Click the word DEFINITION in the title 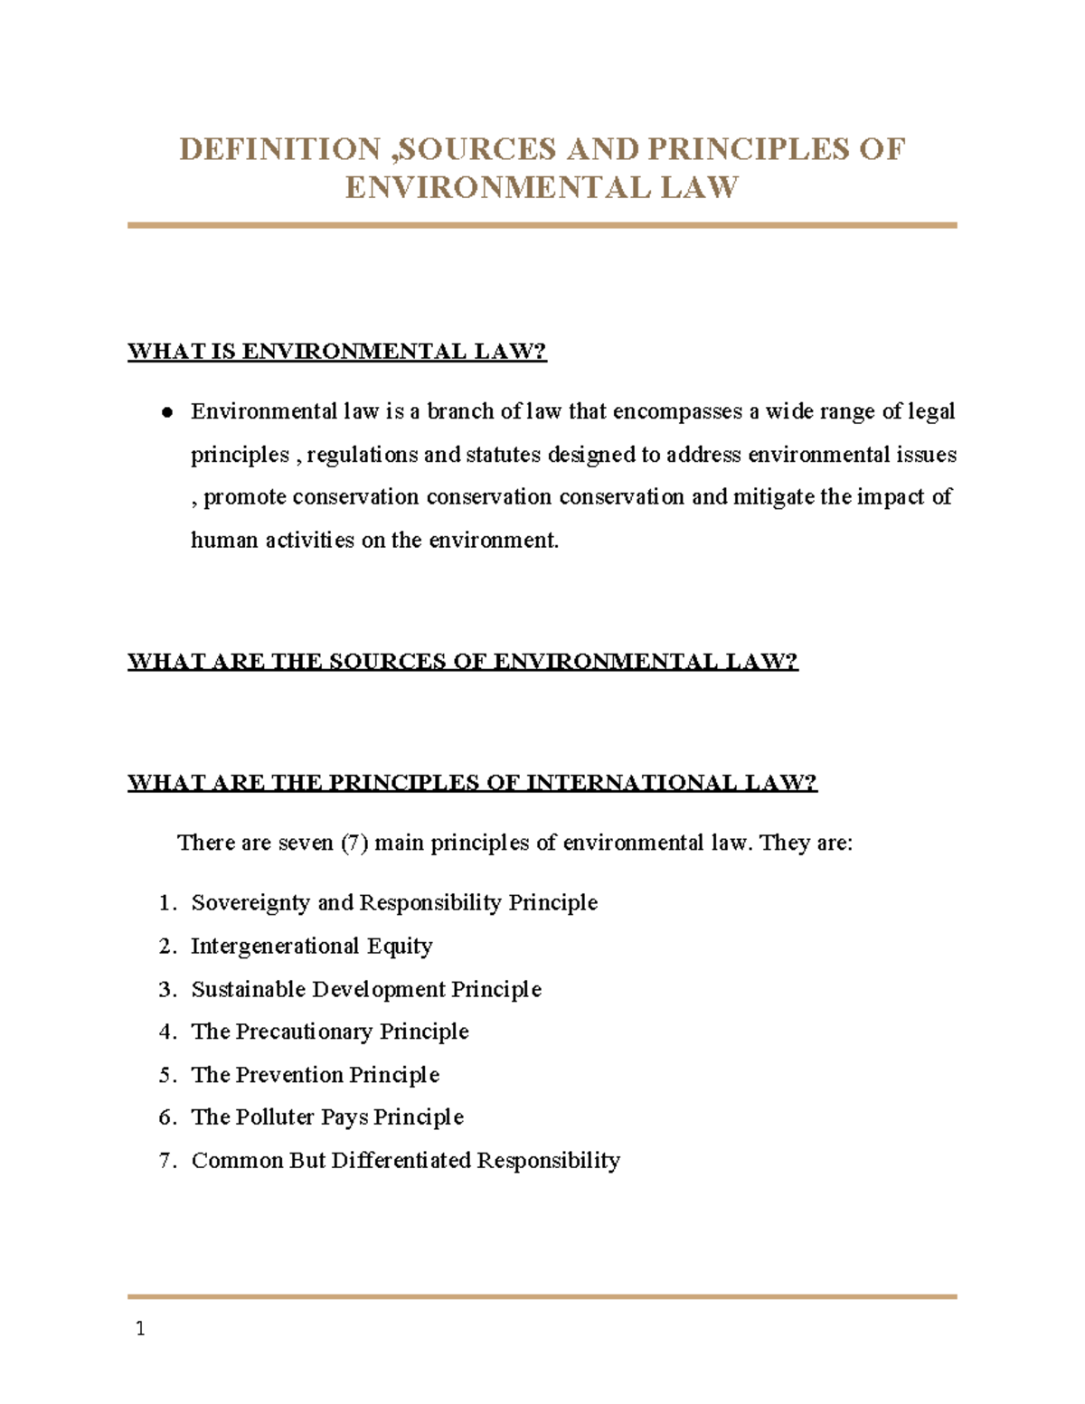(x=279, y=149)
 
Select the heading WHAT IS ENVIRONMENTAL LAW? (x=337, y=352)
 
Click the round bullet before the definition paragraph (x=167, y=413)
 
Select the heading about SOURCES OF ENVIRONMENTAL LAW (x=462, y=662)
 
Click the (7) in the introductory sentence (x=354, y=843)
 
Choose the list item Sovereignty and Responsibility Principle (x=394, y=903)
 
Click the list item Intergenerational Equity (x=312, y=947)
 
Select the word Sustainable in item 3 (x=249, y=989)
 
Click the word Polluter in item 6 (x=275, y=1117)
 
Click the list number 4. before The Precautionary (x=167, y=1032)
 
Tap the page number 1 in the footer (x=139, y=1329)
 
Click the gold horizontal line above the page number (x=542, y=1296)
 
